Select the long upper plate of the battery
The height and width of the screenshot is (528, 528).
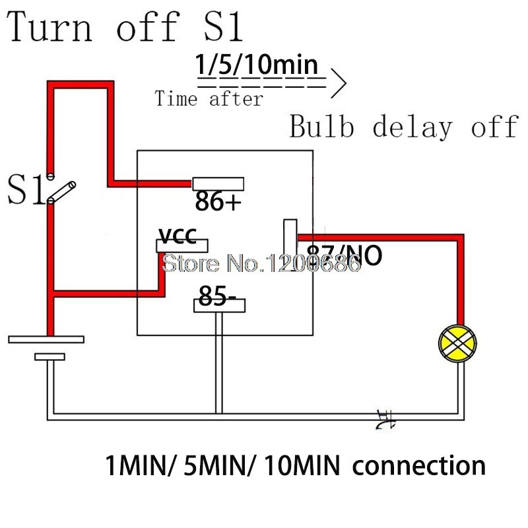click(x=46, y=339)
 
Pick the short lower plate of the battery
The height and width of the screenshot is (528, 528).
click(x=49, y=357)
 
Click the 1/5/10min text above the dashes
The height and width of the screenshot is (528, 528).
click(x=257, y=67)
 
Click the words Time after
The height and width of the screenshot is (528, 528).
click(x=209, y=100)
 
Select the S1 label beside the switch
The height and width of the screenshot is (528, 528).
click(x=25, y=190)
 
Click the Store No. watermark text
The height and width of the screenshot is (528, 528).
click(x=262, y=265)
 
